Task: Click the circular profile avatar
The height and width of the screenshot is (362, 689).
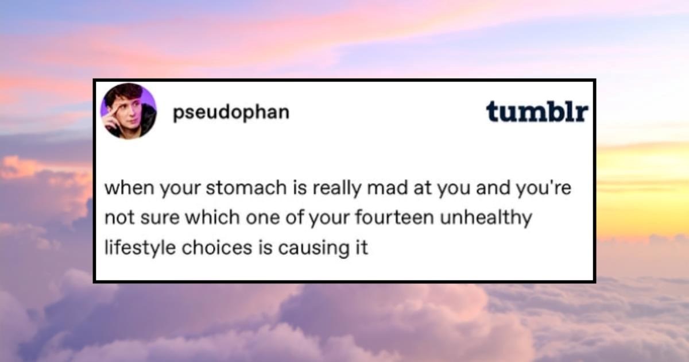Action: [x=128, y=111]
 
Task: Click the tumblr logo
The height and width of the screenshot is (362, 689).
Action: [x=537, y=111]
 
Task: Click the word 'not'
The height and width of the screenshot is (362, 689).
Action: [x=117, y=219]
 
